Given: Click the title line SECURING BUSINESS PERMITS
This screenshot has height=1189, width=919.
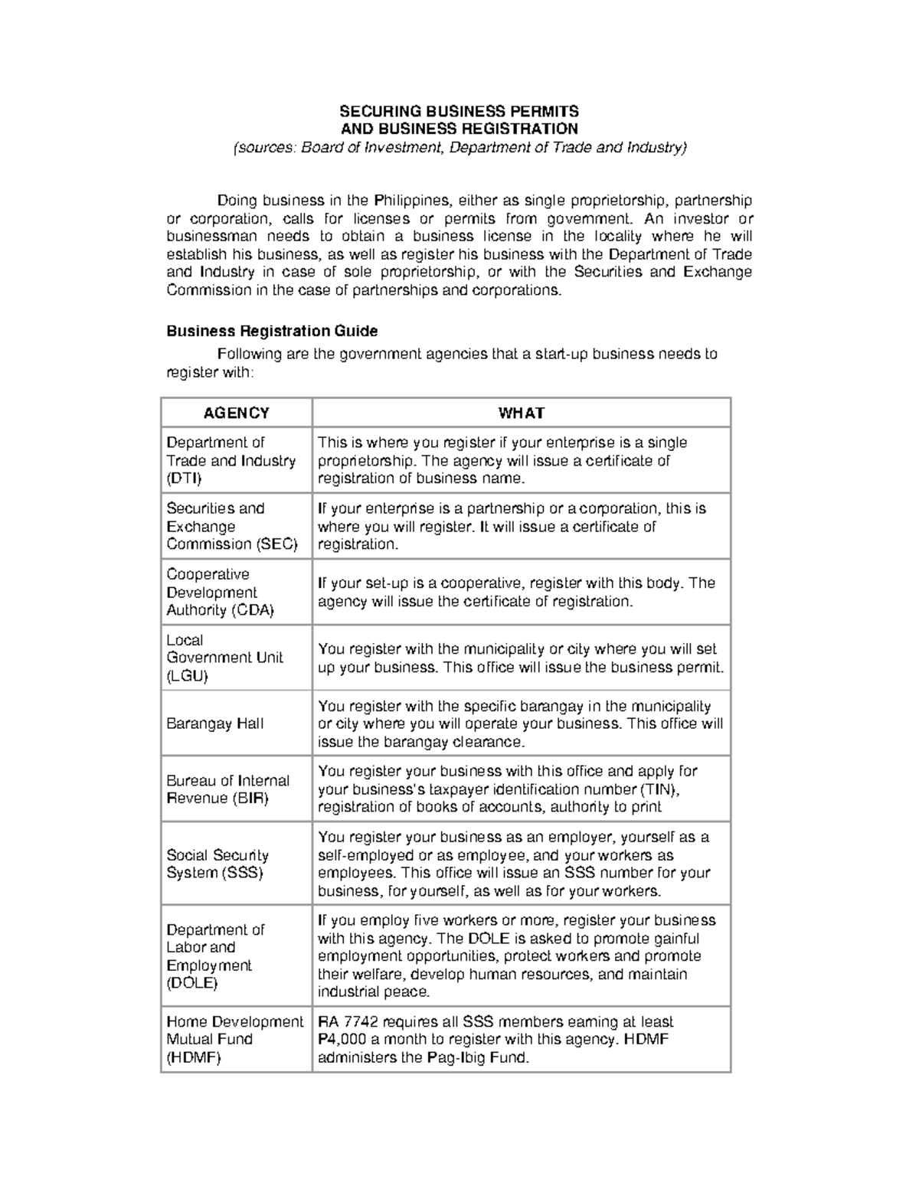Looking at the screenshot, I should click(x=459, y=111).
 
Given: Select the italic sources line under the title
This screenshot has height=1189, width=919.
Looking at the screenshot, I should click(x=459, y=147).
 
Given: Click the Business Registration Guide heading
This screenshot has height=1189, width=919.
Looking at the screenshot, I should click(x=272, y=331).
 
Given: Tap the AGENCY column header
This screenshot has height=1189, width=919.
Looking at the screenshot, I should click(x=236, y=413).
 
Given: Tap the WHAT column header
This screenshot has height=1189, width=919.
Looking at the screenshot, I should click(x=521, y=413).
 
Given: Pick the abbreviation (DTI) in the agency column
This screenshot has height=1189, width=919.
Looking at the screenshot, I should click(x=185, y=479).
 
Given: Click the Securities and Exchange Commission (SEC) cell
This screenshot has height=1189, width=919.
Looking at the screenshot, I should click(x=231, y=526).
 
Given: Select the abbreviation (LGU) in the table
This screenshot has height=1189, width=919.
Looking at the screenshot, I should click(x=187, y=676).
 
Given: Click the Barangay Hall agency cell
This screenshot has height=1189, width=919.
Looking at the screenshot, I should click(x=214, y=724).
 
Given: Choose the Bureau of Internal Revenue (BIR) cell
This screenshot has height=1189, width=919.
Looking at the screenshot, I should click(x=227, y=789).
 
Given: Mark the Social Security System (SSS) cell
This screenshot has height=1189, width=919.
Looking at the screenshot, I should click(x=217, y=864).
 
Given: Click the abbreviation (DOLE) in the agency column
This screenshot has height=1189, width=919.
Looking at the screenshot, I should click(x=192, y=983).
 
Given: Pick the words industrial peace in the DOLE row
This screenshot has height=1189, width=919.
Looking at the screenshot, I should click(x=374, y=992).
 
